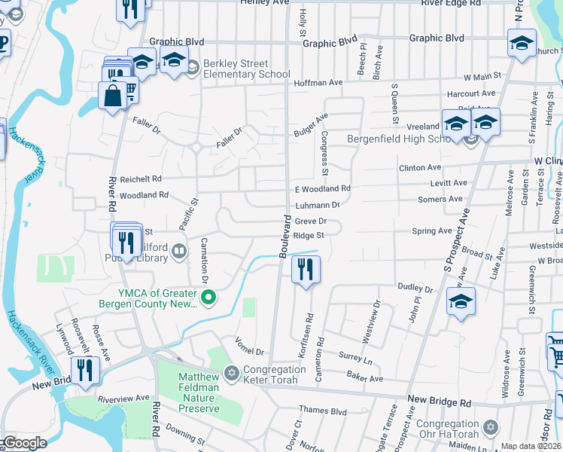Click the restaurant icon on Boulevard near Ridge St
point(305,270)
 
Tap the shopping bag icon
point(112,96)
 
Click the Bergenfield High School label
point(399,139)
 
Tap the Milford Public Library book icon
point(178,251)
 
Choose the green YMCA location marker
point(212,299)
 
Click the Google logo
point(25,442)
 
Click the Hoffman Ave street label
point(318,82)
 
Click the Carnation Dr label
point(204,259)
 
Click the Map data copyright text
point(530,446)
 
